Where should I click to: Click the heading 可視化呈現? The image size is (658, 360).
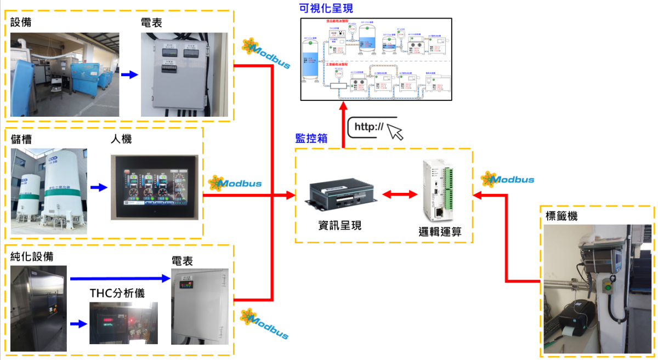[326, 9]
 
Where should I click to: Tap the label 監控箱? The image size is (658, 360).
[311, 138]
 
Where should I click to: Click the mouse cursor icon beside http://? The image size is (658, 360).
[395, 132]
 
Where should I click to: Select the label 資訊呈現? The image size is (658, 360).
[339, 225]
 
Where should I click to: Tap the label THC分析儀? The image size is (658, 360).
[117, 293]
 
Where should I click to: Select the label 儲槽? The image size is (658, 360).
[21, 139]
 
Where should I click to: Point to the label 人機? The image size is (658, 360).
[121, 139]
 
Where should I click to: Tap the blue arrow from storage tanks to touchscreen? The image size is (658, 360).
[98, 188]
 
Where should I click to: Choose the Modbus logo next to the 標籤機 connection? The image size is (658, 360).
[507, 179]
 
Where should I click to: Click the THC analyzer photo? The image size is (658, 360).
[123, 323]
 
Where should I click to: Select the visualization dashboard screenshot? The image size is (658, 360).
[376, 59]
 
